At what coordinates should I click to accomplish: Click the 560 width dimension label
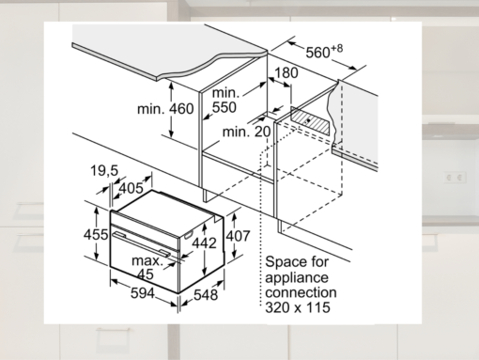click(x=324, y=52)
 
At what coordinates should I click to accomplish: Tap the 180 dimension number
click(x=286, y=73)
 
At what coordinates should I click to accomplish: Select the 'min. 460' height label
click(x=165, y=109)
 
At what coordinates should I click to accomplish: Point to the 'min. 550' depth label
click(x=224, y=101)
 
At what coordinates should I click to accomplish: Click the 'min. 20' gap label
click(x=246, y=132)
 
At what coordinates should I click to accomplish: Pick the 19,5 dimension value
click(x=104, y=171)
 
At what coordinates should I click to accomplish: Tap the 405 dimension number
click(x=131, y=188)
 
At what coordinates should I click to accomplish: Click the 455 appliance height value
click(x=96, y=234)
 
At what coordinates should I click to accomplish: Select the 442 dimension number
click(x=204, y=243)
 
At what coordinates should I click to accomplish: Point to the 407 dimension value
click(x=239, y=236)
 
